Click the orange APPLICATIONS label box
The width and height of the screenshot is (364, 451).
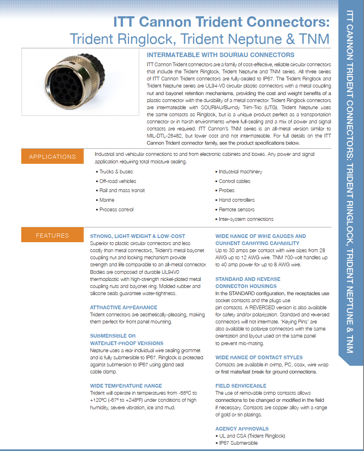click(x=52, y=157)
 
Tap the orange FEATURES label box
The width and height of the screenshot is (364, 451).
click(x=52, y=236)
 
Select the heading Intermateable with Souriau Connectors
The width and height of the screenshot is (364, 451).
click(x=220, y=55)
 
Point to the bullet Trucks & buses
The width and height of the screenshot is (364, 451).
click(x=116, y=172)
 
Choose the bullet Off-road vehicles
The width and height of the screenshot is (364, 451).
click(x=117, y=181)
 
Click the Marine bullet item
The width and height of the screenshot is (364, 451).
click(x=107, y=200)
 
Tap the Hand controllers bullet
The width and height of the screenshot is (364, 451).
click(x=237, y=200)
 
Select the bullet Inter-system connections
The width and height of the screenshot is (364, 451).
click(x=246, y=219)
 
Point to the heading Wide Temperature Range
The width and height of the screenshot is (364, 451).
click(x=126, y=386)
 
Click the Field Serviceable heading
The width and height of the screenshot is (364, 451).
click(x=241, y=386)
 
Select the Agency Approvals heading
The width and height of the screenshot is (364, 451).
click(x=242, y=429)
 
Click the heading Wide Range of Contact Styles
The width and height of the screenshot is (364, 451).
click(x=259, y=358)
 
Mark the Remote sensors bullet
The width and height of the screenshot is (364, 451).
click(x=237, y=210)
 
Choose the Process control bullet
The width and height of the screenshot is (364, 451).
click(x=116, y=210)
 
